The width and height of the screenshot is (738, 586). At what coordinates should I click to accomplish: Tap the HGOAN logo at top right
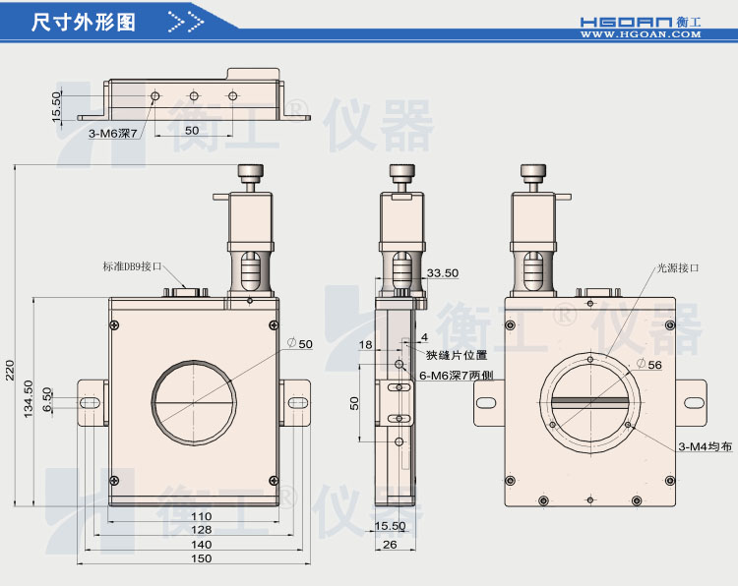click(654, 20)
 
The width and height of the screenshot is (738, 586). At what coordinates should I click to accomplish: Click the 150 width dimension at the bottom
click(201, 558)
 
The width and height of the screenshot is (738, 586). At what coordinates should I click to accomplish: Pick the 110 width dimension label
click(201, 516)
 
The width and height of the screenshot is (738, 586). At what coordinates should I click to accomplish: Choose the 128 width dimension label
click(201, 530)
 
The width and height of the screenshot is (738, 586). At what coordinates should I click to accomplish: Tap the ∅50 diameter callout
click(300, 344)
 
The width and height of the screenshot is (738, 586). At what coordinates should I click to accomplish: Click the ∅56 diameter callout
click(648, 364)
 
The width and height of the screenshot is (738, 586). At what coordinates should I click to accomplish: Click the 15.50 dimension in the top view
click(57, 106)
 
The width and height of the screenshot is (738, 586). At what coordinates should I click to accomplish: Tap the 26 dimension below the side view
click(390, 544)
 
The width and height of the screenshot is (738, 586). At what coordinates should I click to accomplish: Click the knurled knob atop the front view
click(250, 174)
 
